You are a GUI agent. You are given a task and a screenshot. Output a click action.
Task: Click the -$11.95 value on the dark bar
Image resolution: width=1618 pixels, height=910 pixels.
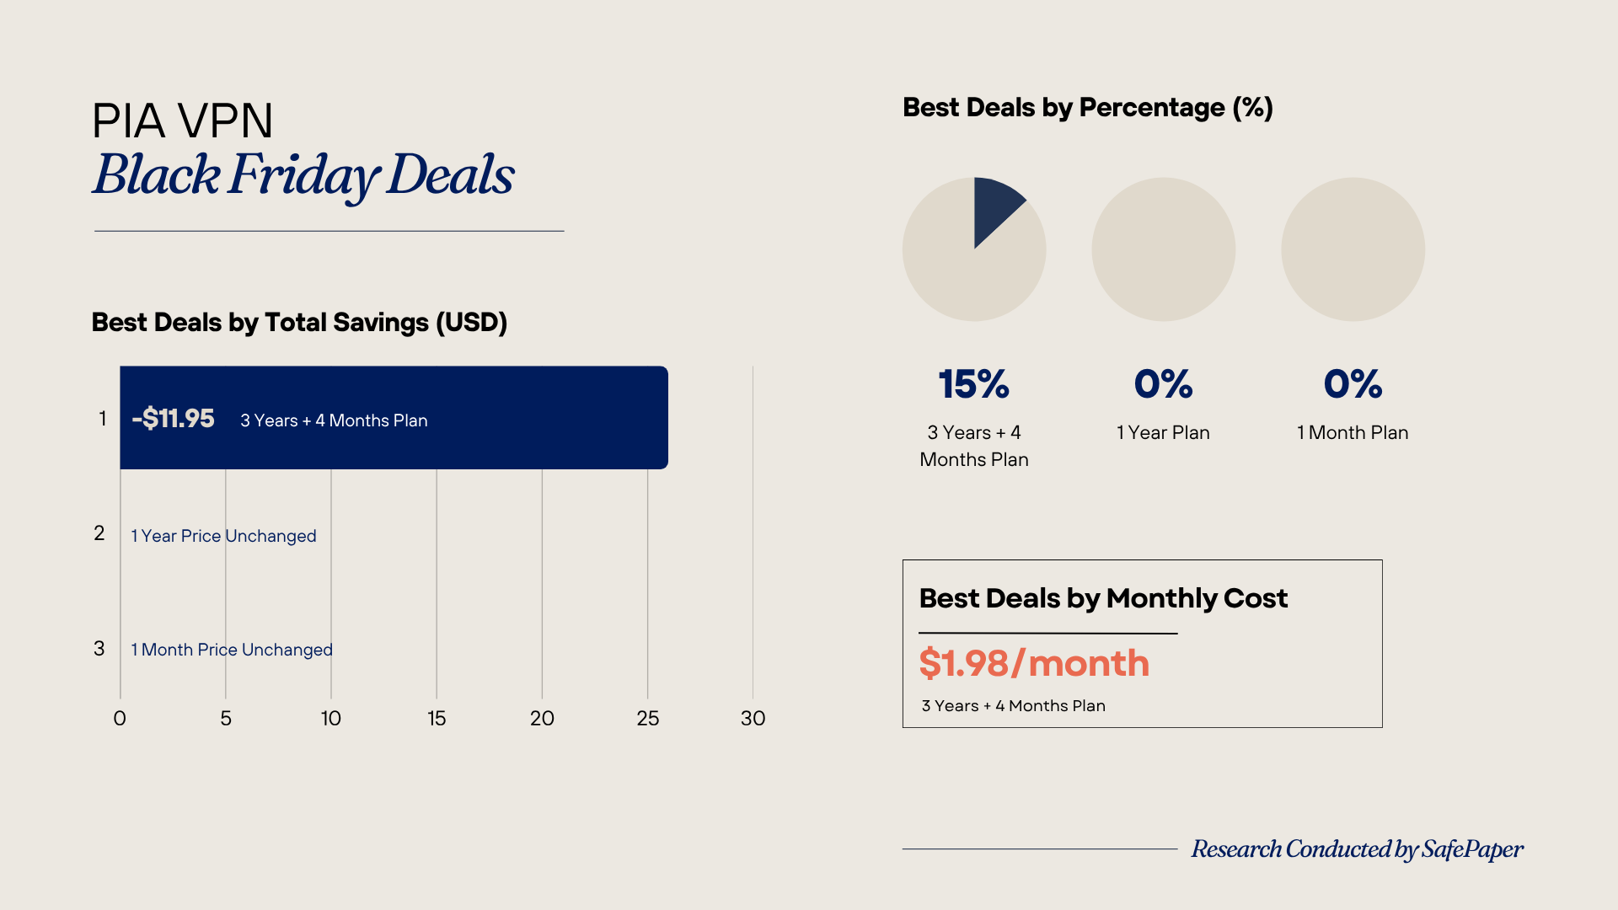(174, 419)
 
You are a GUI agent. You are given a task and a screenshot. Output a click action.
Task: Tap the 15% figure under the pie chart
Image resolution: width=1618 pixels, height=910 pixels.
(974, 384)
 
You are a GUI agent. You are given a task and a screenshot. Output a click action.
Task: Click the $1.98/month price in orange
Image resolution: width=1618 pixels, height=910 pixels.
(1034, 663)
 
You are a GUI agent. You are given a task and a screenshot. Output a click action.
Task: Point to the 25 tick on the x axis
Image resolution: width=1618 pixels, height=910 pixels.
(647, 719)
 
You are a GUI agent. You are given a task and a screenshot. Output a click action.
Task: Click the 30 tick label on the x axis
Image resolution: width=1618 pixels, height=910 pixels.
(753, 719)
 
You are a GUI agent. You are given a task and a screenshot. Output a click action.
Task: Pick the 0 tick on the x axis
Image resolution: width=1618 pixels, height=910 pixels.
(120, 719)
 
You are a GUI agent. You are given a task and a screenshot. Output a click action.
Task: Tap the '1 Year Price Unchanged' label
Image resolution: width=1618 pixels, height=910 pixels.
(223, 536)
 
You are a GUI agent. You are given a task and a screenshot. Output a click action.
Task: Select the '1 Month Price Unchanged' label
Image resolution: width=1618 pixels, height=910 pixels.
(232, 650)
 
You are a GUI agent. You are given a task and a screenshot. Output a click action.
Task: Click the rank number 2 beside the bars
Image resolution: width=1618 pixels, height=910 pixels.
(99, 533)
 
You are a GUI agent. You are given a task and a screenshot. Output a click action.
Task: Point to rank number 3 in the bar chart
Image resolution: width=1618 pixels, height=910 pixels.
(99, 649)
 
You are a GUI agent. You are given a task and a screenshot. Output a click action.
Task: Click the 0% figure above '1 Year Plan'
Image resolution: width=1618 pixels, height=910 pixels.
(1163, 384)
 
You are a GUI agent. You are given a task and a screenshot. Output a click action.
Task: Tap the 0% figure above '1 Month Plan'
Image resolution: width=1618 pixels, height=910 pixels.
(1353, 384)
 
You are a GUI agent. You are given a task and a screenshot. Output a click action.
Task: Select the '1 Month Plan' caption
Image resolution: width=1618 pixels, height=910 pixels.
(1353, 432)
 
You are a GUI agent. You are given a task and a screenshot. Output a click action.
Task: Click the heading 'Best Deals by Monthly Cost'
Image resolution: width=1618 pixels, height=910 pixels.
(1103, 598)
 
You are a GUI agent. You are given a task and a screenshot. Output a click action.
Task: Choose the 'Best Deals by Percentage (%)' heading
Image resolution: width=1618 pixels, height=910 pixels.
(1087, 108)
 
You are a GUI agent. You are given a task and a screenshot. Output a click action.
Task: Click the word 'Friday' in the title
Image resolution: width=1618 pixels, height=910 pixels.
(303, 175)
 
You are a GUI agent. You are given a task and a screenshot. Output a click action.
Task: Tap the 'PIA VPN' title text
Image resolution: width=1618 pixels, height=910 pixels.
(182, 120)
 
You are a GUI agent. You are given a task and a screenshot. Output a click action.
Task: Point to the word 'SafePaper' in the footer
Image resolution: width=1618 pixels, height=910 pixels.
(1472, 849)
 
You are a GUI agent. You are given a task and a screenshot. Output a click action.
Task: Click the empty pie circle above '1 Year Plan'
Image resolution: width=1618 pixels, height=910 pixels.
(1163, 249)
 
